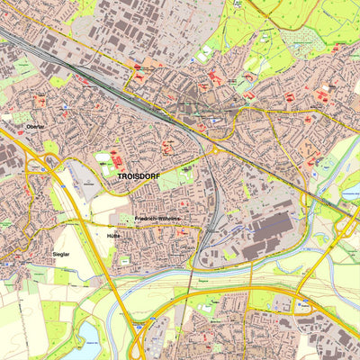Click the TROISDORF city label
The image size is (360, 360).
coord(138,176)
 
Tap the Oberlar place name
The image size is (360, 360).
coord(35,126)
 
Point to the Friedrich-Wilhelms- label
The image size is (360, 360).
coord(157,219)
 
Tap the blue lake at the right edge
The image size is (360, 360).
coord(352,189)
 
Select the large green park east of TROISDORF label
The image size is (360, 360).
coord(184,180)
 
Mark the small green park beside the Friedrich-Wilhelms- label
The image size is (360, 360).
coord(125,219)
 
